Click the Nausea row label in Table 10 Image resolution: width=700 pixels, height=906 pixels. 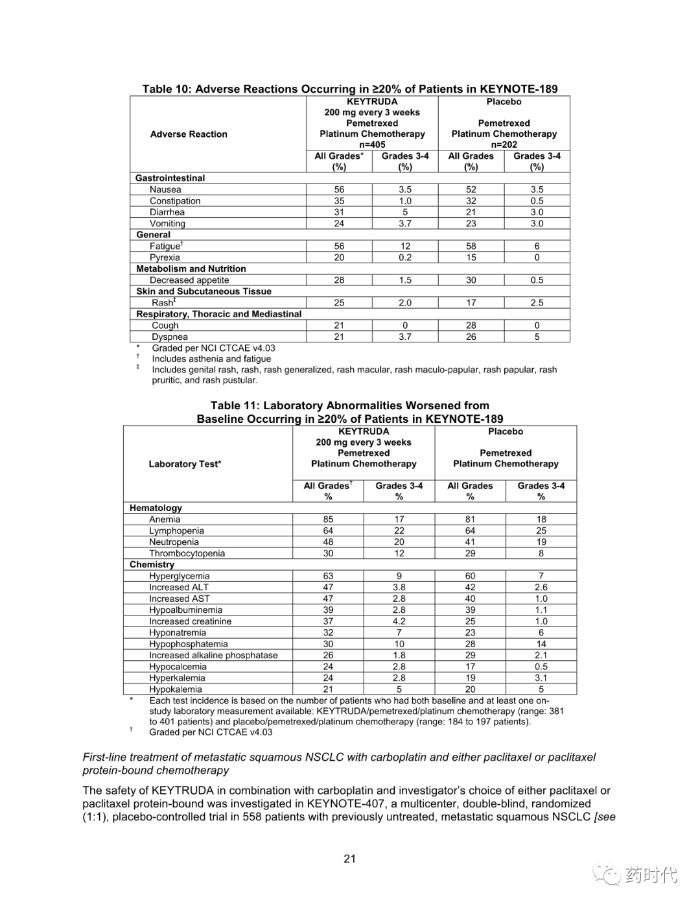click(x=165, y=189)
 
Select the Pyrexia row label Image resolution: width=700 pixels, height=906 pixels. click(x=165, y=257)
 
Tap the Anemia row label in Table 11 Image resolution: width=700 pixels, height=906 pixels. click(x=165, y=519)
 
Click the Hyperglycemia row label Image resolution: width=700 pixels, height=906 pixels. click(x=180, y=576)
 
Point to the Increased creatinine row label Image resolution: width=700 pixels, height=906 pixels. click(x=190, y=621)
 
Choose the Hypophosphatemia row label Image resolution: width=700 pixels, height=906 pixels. click(x=188, y=644)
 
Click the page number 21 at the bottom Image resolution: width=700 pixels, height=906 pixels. click(x=350, y=859)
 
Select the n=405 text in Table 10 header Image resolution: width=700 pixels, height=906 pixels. click(x=372, y=145)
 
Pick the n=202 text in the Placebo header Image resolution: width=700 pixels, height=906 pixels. click(x=504, y=145)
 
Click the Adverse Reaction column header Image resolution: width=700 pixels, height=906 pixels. click(x=189, y=134)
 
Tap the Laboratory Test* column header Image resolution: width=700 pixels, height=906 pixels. click(x=185, y=464)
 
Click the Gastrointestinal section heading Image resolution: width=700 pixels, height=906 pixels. click(x=170, y=178)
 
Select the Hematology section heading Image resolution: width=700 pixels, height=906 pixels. click(x=156, y=508)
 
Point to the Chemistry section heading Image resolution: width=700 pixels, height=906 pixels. click(x=152, y=564)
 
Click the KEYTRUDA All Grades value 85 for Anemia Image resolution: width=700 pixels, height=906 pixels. click(x=329, y=519)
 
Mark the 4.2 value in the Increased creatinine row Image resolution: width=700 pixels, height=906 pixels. click(x=399, y=621)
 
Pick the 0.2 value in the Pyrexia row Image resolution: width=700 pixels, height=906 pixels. click(x=405, y=257)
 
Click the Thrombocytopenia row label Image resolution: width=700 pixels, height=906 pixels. click(x=187, y=553)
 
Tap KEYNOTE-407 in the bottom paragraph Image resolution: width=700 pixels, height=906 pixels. click(x=347, y=804)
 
